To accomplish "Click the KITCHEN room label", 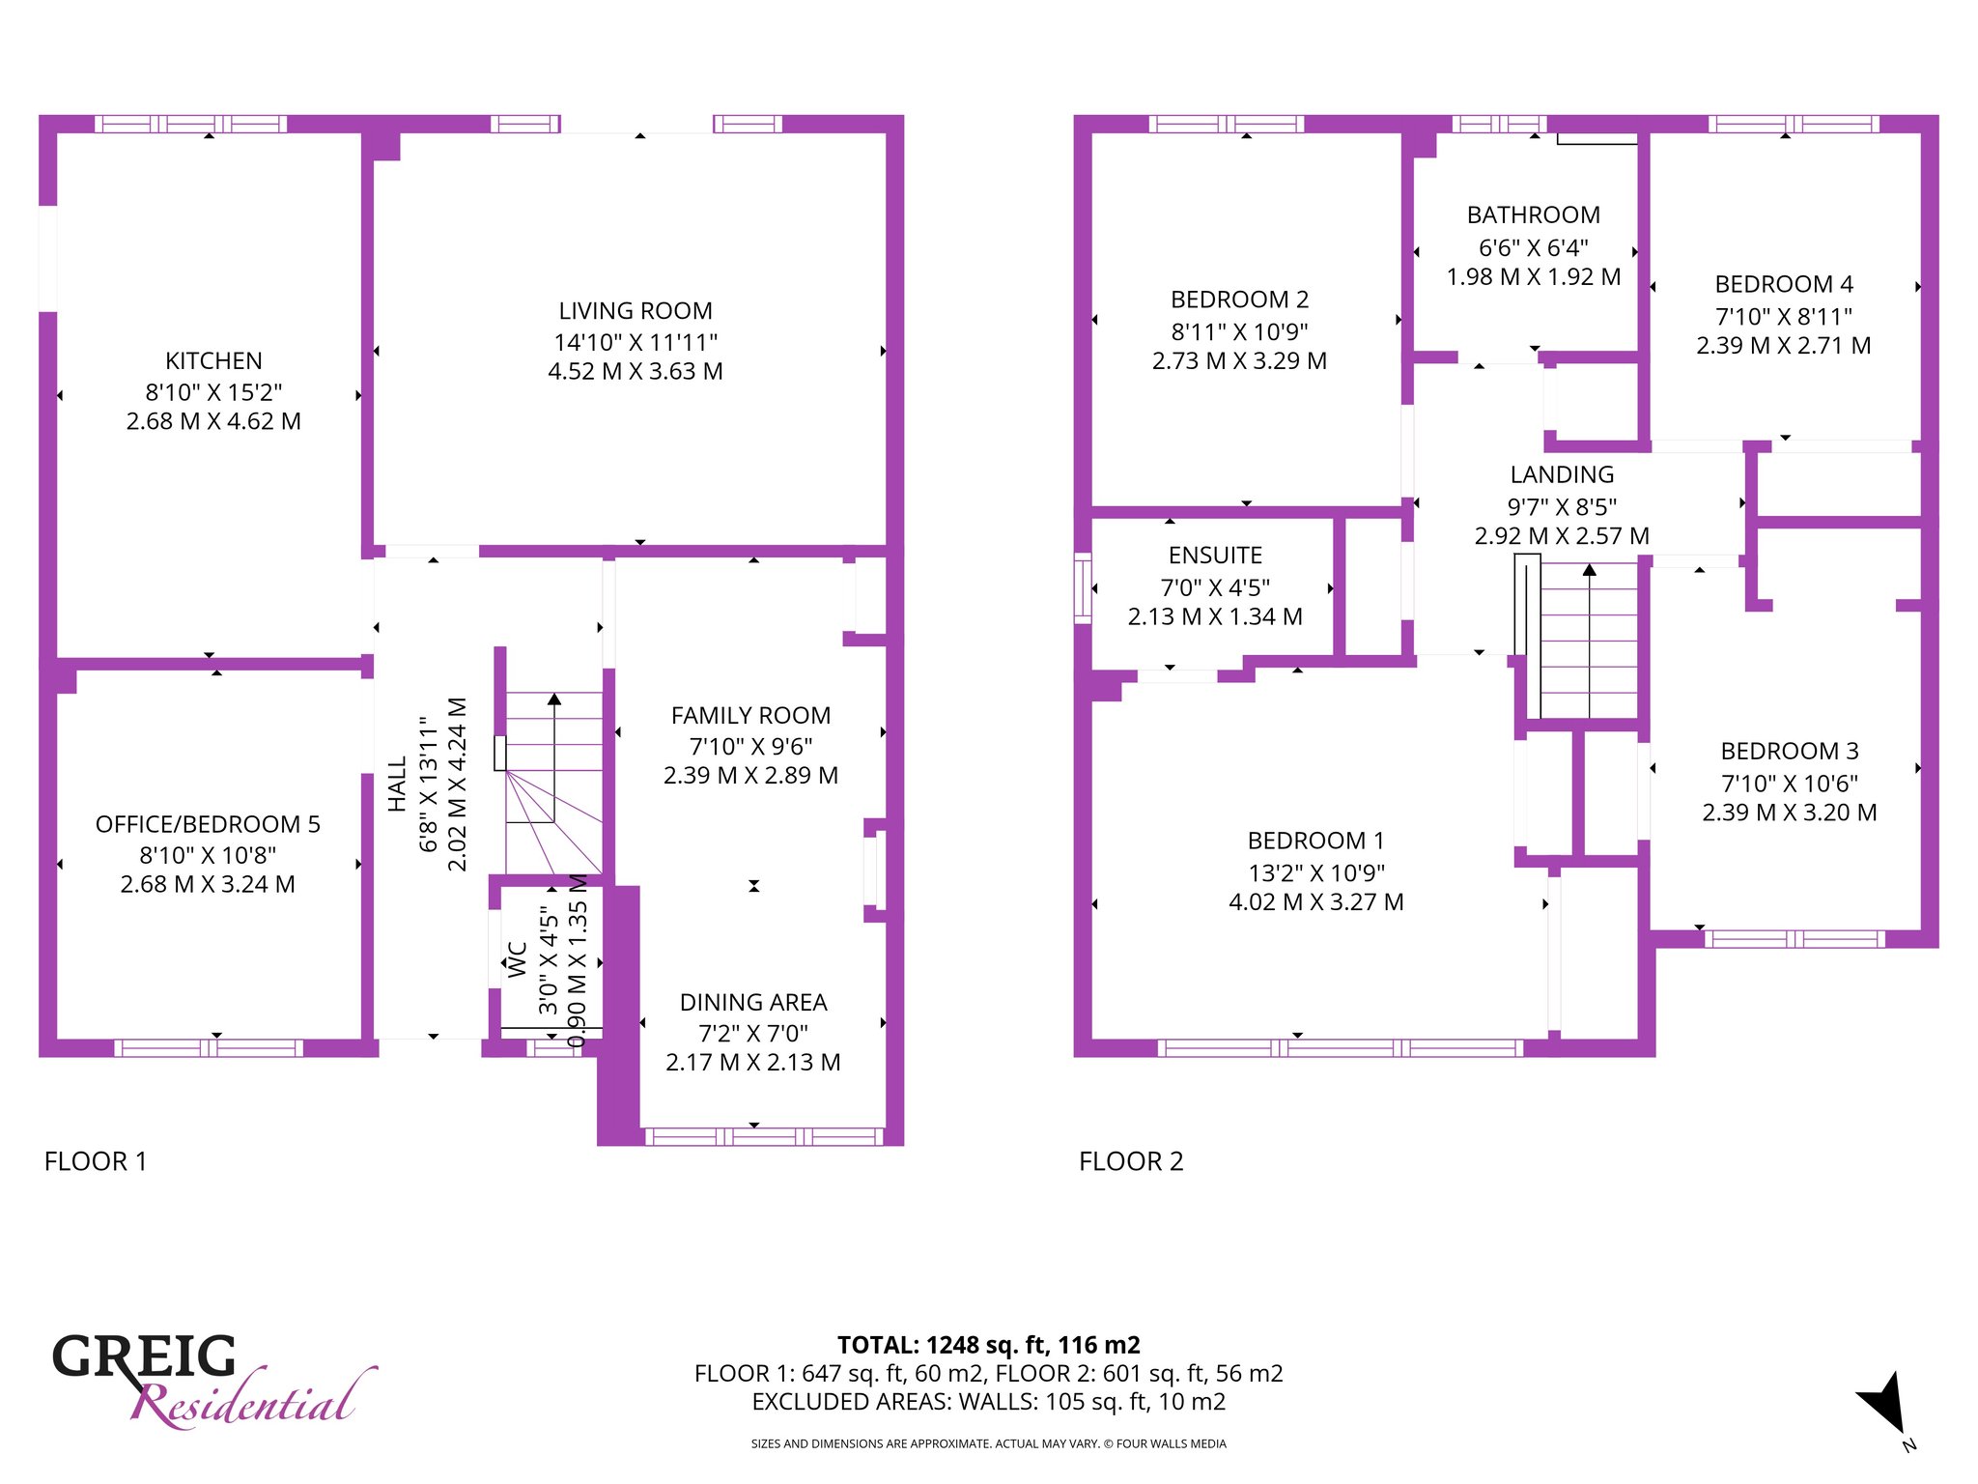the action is click(x=213, y=360).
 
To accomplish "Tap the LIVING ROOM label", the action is click(x=636, y=311).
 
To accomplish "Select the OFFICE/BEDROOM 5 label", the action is click(x=208, y=824).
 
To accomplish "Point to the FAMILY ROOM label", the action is click(x=750, y=715).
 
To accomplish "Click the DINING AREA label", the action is click(x=753, y=1002).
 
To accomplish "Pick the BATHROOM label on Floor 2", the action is click(x=1534, y=214).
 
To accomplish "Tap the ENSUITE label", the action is click(x=1215, y=556).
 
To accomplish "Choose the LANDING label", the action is click(x=1562, y=474).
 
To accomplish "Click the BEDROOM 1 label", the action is click(x=1315, y=841).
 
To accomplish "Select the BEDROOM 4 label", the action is click(x=1784, y=284).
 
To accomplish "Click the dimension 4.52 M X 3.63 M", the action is click(x=636, y=371).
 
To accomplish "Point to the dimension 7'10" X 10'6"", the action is click(x=1790, y=784).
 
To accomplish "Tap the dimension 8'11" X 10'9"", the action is click(x=1239, y=332).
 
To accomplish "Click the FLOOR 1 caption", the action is click(x=96, y=1161).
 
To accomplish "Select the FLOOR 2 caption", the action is click(x=1131, y=1161).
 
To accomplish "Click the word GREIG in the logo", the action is click(x=144, y=1356).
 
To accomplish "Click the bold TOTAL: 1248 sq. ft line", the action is click(x=988, y=1345).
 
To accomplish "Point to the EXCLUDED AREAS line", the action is click(x=988, y=1402).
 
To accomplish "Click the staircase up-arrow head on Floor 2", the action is click(x=1590, y=570).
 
